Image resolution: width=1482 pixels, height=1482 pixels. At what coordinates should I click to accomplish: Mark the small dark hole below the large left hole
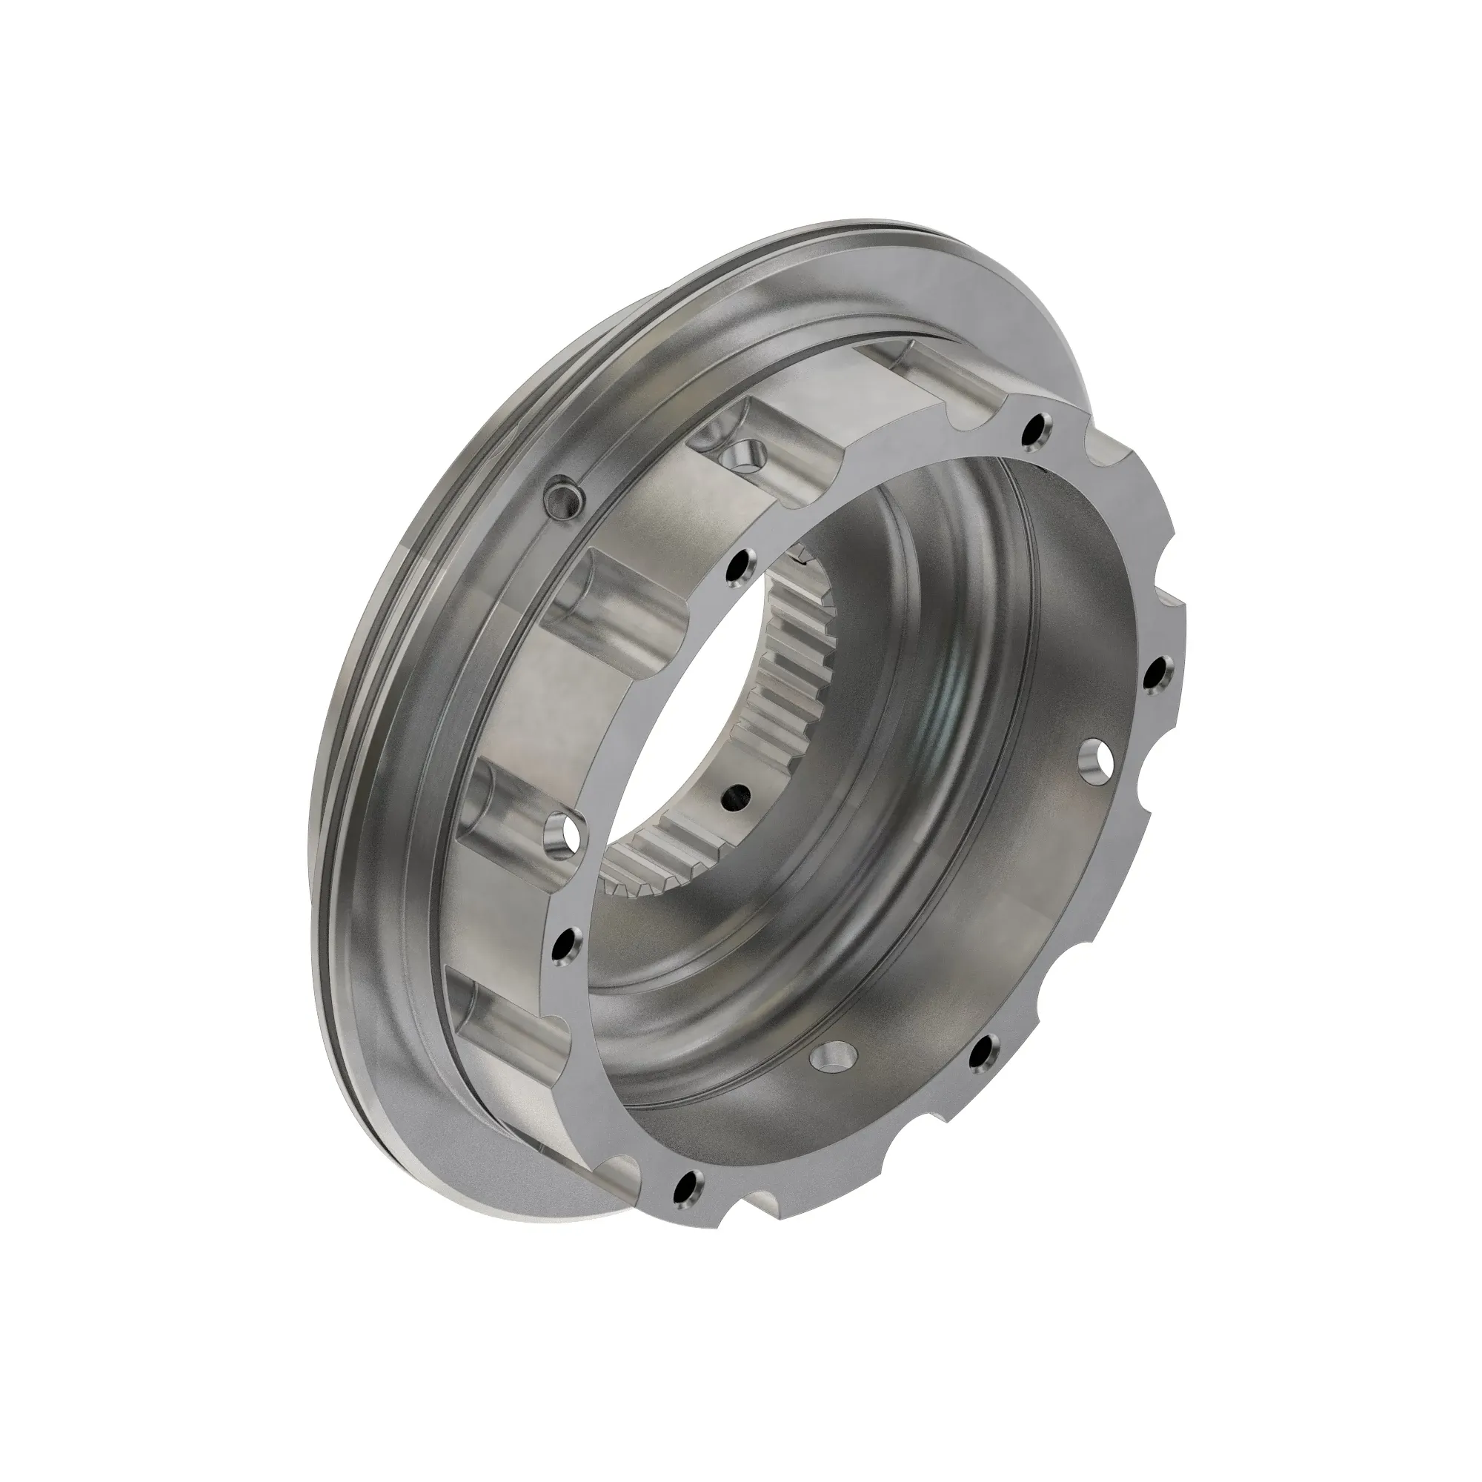[565, 946]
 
